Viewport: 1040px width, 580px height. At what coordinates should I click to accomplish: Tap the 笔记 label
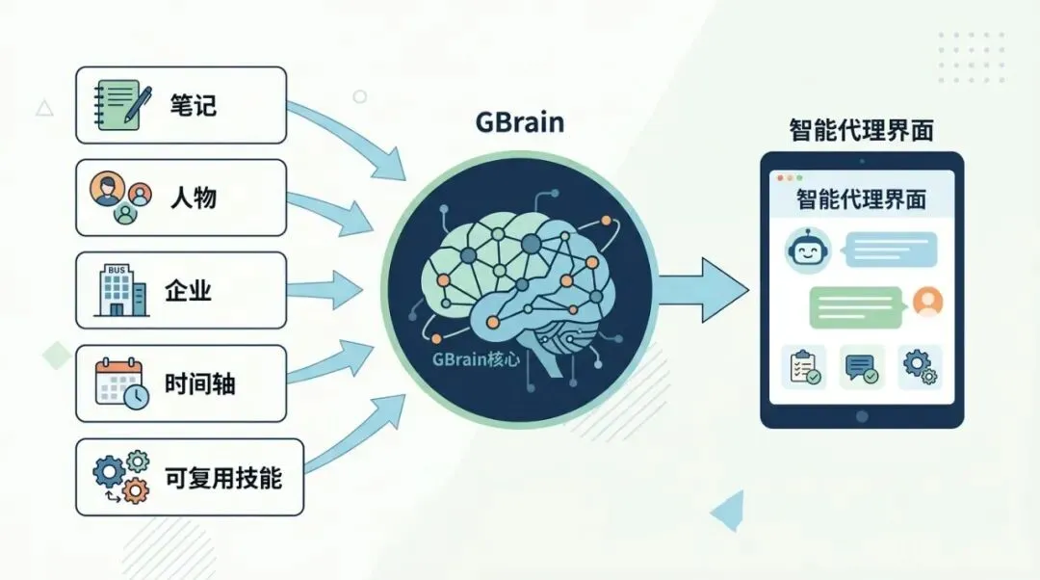[193, 105]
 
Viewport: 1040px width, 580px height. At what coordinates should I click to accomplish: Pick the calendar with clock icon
[119, 383]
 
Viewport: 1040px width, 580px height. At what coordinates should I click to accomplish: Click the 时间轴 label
[199, 383]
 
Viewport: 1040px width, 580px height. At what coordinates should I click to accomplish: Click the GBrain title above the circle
[519, 123]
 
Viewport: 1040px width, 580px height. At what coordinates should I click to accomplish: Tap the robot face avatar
[807, 251]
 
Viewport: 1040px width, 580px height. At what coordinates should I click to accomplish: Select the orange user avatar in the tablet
[926, 302]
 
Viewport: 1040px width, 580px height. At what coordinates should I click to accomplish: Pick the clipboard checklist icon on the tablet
[803, 367]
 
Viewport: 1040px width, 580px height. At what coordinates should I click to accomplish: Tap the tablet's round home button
[862, 415]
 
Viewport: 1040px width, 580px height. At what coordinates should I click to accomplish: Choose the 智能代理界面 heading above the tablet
[860, 130]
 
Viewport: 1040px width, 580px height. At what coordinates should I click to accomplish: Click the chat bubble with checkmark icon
[861, 367]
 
